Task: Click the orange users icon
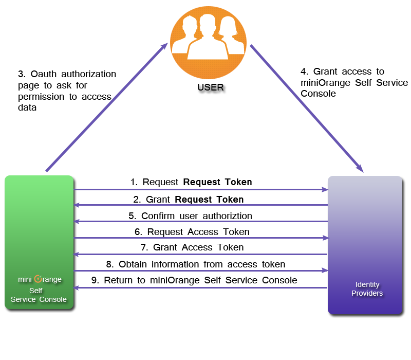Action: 209,42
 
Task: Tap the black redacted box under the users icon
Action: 212,89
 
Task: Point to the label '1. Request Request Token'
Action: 191,182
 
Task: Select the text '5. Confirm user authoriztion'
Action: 190,215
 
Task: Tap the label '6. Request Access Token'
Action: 192,232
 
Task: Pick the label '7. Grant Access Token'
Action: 192,247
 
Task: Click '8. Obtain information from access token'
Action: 196,264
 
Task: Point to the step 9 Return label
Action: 194,280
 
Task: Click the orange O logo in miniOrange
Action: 38,279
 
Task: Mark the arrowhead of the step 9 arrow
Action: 77,287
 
